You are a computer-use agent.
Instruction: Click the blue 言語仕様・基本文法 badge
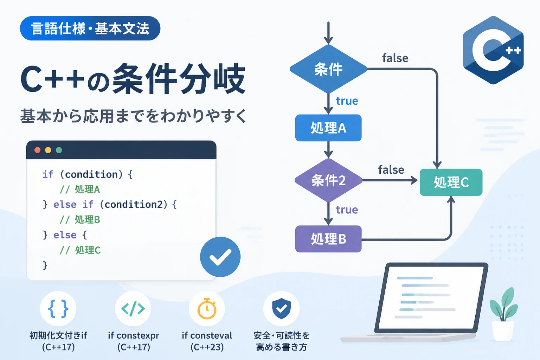click(x=90, y=28)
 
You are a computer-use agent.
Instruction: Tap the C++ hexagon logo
click(x=493, y=50)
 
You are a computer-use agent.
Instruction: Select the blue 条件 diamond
click(x=328, y=69)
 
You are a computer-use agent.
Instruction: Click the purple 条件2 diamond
click(x=328, y=180)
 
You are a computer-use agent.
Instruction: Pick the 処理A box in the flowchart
click(x=328, y=128)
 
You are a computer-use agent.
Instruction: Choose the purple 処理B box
click(x=328, y=239)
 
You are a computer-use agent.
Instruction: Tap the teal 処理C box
click(x=451, y=182)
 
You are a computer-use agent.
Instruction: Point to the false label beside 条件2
click(x=391, y=170)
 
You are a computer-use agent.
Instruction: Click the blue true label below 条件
click(x=347, y=101)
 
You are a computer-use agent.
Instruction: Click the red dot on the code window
click(x=37, y=150)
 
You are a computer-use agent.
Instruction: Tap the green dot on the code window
click(x=59, y=150)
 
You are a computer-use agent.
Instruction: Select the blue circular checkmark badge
click(x=220, y=257)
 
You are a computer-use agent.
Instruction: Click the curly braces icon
click(x=58, y=309)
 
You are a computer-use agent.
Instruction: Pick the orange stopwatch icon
click(x=207, y=309)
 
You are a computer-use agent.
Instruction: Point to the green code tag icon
click(x=133, y=309)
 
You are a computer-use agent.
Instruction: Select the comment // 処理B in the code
click(x=80, y=220)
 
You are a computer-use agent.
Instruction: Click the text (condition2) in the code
click(x=134, y=205)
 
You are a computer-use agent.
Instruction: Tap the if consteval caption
click(x=207, y=335)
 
